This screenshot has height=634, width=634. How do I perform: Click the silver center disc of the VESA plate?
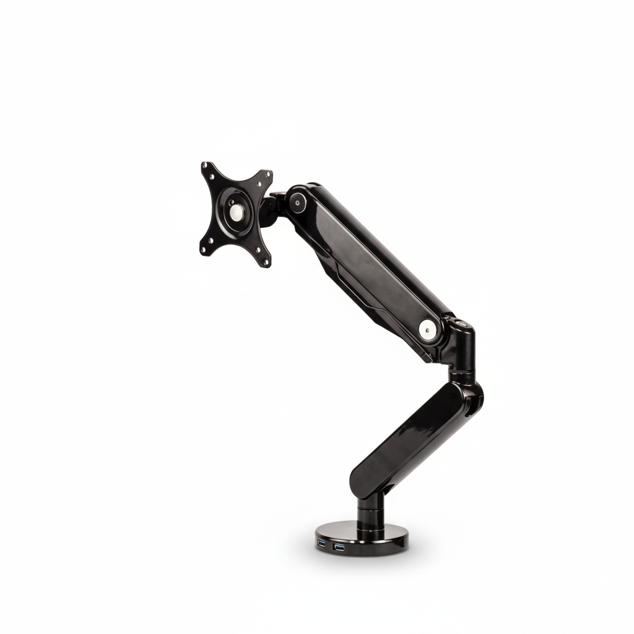coord(236,212)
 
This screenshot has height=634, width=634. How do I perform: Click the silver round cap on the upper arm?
coord(427,330)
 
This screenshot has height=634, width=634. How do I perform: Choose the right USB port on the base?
coord(339,547)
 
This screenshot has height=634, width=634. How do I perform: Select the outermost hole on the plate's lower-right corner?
coord(267,262)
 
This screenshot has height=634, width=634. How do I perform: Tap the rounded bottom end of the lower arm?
coord(362,480)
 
